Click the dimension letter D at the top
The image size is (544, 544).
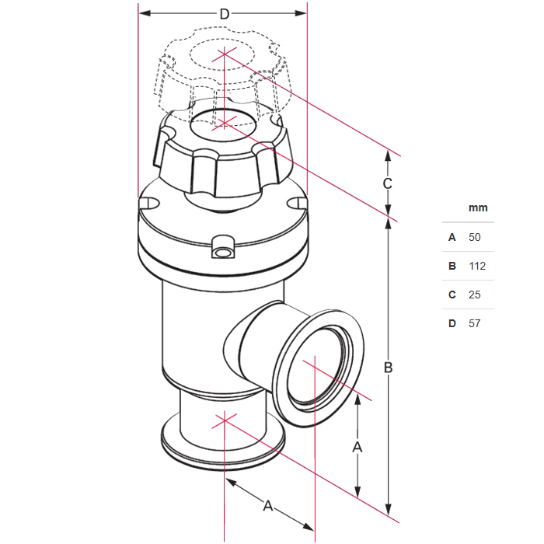click(x=225, y=14)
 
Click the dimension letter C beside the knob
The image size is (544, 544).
click(x=388, y=183)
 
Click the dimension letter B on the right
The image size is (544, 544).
click(x=389, y=368)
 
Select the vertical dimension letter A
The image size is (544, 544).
click(x=357, y=447)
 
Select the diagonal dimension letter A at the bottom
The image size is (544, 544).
click(x=268, y=506)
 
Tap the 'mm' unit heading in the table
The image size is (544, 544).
click(x=478, y=207)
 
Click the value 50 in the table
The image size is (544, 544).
click(x=474, y=237)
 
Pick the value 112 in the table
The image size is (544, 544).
click(x=477, y=266)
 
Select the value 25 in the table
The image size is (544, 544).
click(x=474, y=295)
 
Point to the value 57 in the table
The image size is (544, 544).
click(x=474, y=324)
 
